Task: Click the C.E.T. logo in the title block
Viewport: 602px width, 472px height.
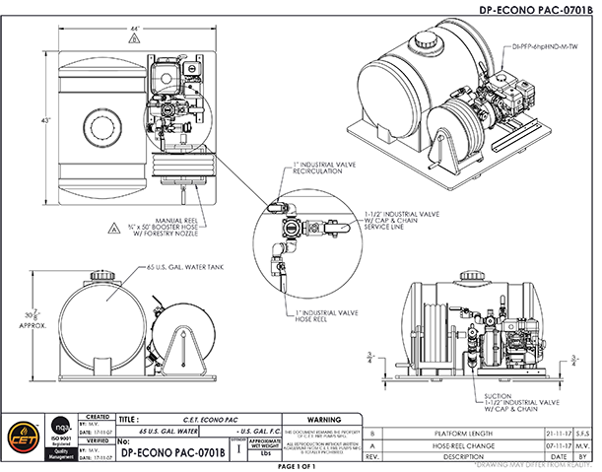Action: tap(19, 435)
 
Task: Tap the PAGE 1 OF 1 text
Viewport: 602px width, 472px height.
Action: tap(300, 466)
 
